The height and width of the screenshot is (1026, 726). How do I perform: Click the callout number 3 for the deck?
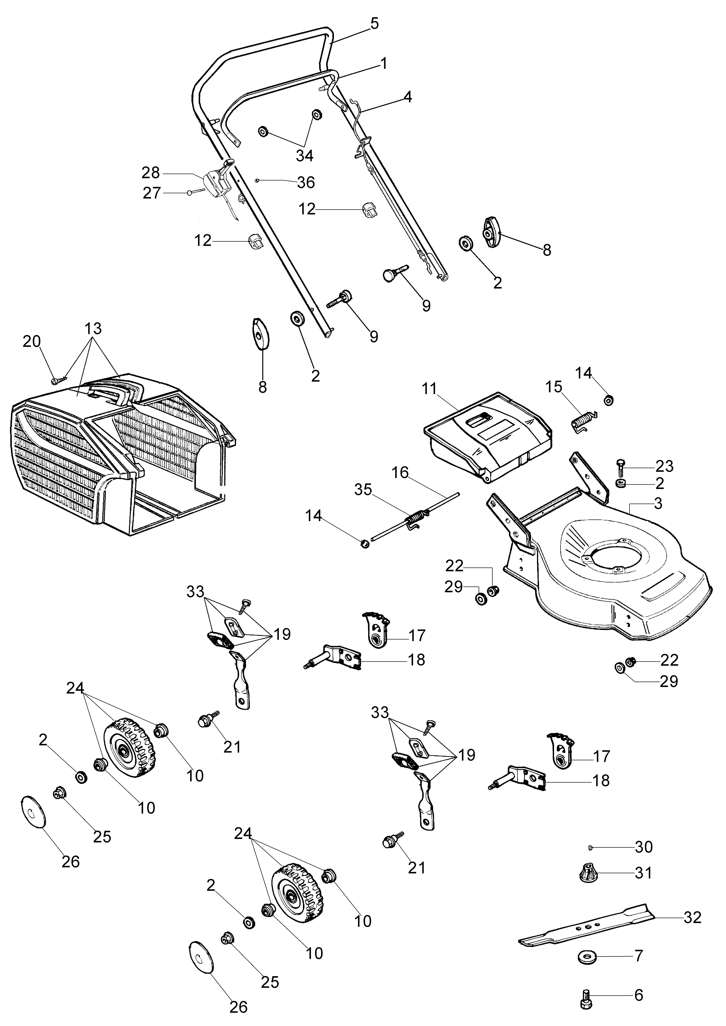(x=658, y=503)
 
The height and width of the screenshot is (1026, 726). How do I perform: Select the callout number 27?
(x=152, y=193)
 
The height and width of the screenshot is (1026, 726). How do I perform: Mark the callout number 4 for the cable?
(x=407, y=97)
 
